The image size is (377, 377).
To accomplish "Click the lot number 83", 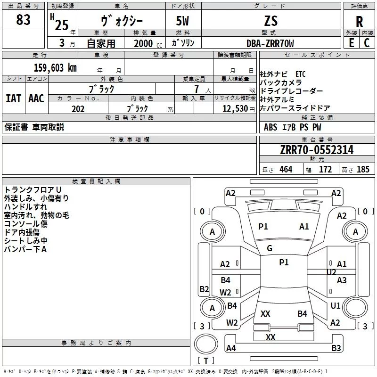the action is (23, 19).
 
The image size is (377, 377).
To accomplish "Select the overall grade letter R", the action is (359, 22).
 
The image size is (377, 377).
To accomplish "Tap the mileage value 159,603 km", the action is (55, 68).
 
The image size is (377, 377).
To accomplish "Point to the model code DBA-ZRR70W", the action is (270, 43).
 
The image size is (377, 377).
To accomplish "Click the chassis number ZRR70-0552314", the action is (317, 150).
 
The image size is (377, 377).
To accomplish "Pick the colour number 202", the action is (78, 109).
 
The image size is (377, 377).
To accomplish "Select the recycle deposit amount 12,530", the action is (235, 109).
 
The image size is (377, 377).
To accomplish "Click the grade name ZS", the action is (271, 21).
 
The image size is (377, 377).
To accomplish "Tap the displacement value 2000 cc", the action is (148, 43).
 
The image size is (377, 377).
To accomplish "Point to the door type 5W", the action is (182, 21).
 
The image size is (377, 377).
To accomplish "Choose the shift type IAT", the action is (13, 98).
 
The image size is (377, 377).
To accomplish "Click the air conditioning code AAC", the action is (36, 98).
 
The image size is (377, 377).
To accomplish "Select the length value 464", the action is (286, 169).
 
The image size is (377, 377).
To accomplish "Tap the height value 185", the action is (363, 169).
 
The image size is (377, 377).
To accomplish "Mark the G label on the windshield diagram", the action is (270, 248).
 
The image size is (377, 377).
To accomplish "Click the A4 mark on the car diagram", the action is (231, 348).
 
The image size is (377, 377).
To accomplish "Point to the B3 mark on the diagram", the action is (336, 348).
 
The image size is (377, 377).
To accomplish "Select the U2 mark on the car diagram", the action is (331, 272).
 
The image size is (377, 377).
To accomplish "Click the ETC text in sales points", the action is (301, 74).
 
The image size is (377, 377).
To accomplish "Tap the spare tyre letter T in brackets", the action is (206, 361).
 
